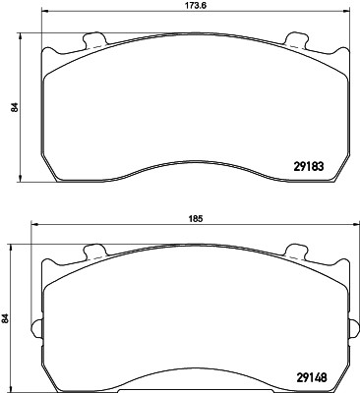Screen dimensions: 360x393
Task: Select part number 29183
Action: point(309,167)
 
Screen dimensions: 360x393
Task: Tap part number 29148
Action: point(312,378)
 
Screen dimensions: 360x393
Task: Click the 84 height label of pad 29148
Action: point(5,318)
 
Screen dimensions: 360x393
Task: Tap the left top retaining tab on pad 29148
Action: point(95,252)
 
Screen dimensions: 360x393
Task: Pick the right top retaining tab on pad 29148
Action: point(297,252)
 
